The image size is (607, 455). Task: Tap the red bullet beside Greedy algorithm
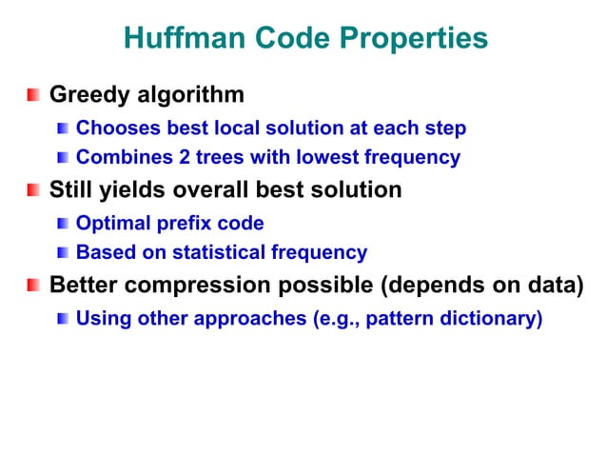pyautogui.click(x=33, y=96)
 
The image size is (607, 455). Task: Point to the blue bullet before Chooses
pyautogui.click(x=63, y=129)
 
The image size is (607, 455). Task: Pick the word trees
pyautogui.click(x=203, y=157)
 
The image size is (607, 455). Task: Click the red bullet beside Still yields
pyautogui.click(x=33, y=191)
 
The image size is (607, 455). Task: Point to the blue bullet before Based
pyautogui.click(x=63, y=253)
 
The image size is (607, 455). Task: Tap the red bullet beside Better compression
pyautogui.click(x=33, y=287)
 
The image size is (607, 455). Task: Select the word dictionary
pyautogui.click(x=492, y=318)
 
